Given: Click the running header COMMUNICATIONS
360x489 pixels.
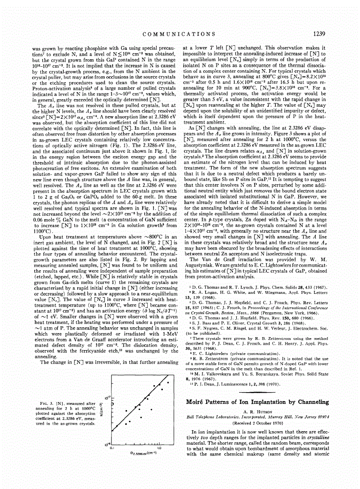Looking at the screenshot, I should tap(179, 33).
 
